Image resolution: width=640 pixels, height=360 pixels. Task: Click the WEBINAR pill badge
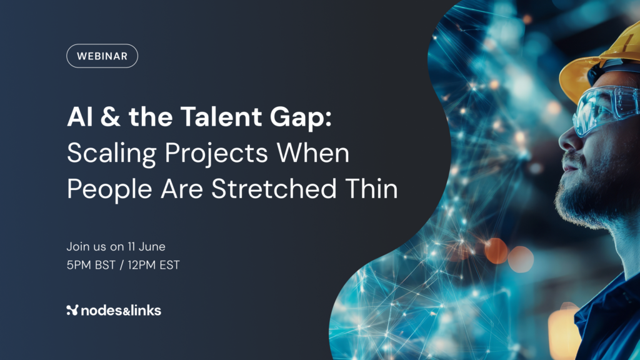tap(102, 56)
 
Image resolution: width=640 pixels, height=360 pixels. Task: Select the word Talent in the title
tap(221, 117)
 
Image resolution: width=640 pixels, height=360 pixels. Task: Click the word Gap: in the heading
tap(301, 119)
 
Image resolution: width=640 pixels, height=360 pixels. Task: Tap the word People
tap(109, 190)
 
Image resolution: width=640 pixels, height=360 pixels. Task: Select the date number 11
tap(131, 246)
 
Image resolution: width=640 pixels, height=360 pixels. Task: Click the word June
tap(152, 246)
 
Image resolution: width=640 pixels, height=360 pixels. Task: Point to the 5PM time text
tap(79, 265)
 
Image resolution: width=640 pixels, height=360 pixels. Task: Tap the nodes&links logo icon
tap(72, 310)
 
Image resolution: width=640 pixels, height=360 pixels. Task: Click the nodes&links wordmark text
tap(121, 311)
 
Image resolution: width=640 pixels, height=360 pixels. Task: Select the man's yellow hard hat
tap(600, 61)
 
